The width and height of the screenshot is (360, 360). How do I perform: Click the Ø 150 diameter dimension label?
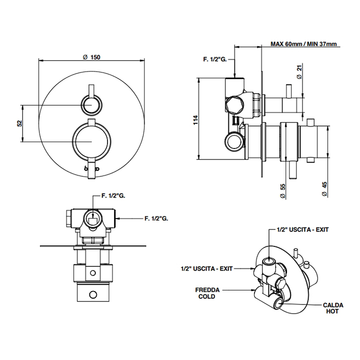click(x=91, y=57)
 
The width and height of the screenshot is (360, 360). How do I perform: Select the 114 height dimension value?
click(x=195, y=120)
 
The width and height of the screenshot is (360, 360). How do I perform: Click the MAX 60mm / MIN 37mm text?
click(x=304, y=44)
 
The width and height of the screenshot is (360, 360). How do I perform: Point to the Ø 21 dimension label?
click(x=299, y=71)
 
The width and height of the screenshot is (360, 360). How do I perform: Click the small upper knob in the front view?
click(x=91, y=106)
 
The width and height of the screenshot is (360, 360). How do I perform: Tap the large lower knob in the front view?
click(x=91, y=141)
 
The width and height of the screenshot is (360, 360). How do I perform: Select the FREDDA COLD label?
click(x=208, y=293)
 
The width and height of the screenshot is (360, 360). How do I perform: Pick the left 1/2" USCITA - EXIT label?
click(x=208, y=268)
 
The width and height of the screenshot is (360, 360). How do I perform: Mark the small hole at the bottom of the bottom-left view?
click(x=93, y=295)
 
